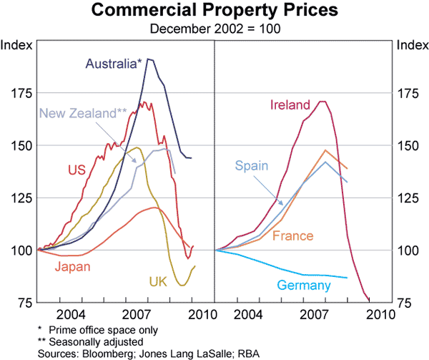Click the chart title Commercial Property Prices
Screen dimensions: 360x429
coord(214,11)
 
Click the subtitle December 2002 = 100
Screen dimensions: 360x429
coord(214,29)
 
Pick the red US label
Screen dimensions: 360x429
coord(77,170)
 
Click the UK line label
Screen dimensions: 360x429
coord(158,281)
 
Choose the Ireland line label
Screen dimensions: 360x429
coord(290,105)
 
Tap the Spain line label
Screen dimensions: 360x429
coord(252,166)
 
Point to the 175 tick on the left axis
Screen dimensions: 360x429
coord(20,93)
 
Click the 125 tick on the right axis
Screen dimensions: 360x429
coord(408,198)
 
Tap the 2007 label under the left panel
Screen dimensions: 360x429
coord(137,315)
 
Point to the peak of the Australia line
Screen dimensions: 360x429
coord(149,59)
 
